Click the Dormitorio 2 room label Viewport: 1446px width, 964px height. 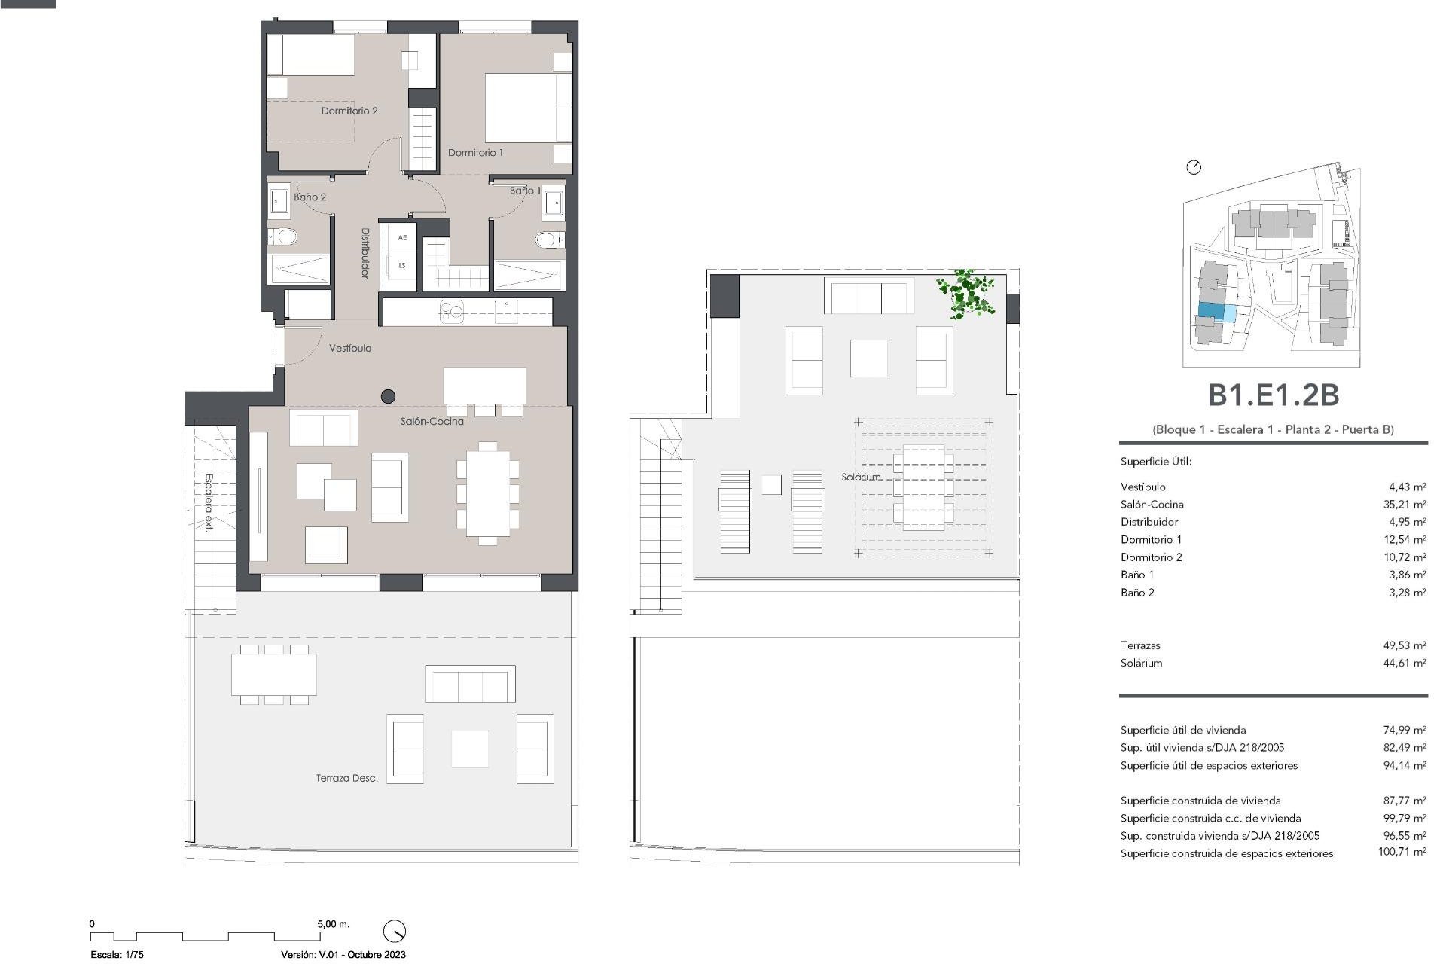point(349,111)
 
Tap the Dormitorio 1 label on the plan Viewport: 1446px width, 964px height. point(475,152)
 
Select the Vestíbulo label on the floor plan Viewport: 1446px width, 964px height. point(350,348)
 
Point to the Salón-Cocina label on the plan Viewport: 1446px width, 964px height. point(432,421)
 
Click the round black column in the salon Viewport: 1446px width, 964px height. point(388,395)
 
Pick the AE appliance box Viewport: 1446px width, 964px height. point(402,238)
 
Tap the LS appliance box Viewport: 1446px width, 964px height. point(402,265)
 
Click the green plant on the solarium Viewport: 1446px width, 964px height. point(966,293)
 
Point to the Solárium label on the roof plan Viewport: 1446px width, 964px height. point(861,477)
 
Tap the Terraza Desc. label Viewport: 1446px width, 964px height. point(346,778)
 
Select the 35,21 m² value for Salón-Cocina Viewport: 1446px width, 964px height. point(1405,505)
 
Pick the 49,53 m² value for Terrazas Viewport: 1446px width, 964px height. point(1405,645)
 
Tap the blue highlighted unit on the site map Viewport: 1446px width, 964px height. point(1211,310)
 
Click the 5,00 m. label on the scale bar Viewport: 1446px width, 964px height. point(333,923)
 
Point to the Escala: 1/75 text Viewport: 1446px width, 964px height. point(117,954)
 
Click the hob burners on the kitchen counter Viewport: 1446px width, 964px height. point(452,310)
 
